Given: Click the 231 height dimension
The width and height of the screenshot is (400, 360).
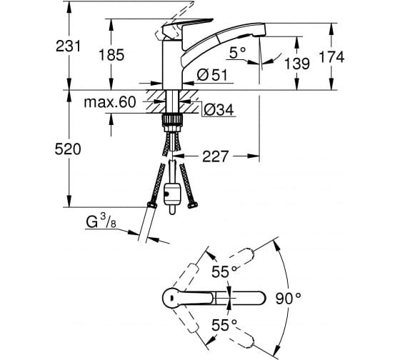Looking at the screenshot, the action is tap(68, 46).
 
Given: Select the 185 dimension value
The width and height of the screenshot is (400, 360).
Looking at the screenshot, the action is tap(111, 55).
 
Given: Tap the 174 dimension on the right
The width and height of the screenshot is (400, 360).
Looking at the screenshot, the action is tap(331, 57).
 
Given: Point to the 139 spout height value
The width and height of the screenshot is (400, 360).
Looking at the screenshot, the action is tap(297, 64).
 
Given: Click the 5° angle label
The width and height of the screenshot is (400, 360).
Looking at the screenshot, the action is tap(237, 53).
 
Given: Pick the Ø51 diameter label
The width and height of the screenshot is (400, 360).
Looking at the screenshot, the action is tap(212, 75).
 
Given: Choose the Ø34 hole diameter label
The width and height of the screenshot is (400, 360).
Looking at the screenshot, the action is tap(219, 110).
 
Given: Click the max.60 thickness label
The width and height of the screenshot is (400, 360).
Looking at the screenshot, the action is tap(110, 102).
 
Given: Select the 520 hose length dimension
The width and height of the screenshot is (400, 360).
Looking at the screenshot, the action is tap(68, 149).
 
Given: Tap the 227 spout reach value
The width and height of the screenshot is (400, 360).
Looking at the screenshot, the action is tap(215, 156).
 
